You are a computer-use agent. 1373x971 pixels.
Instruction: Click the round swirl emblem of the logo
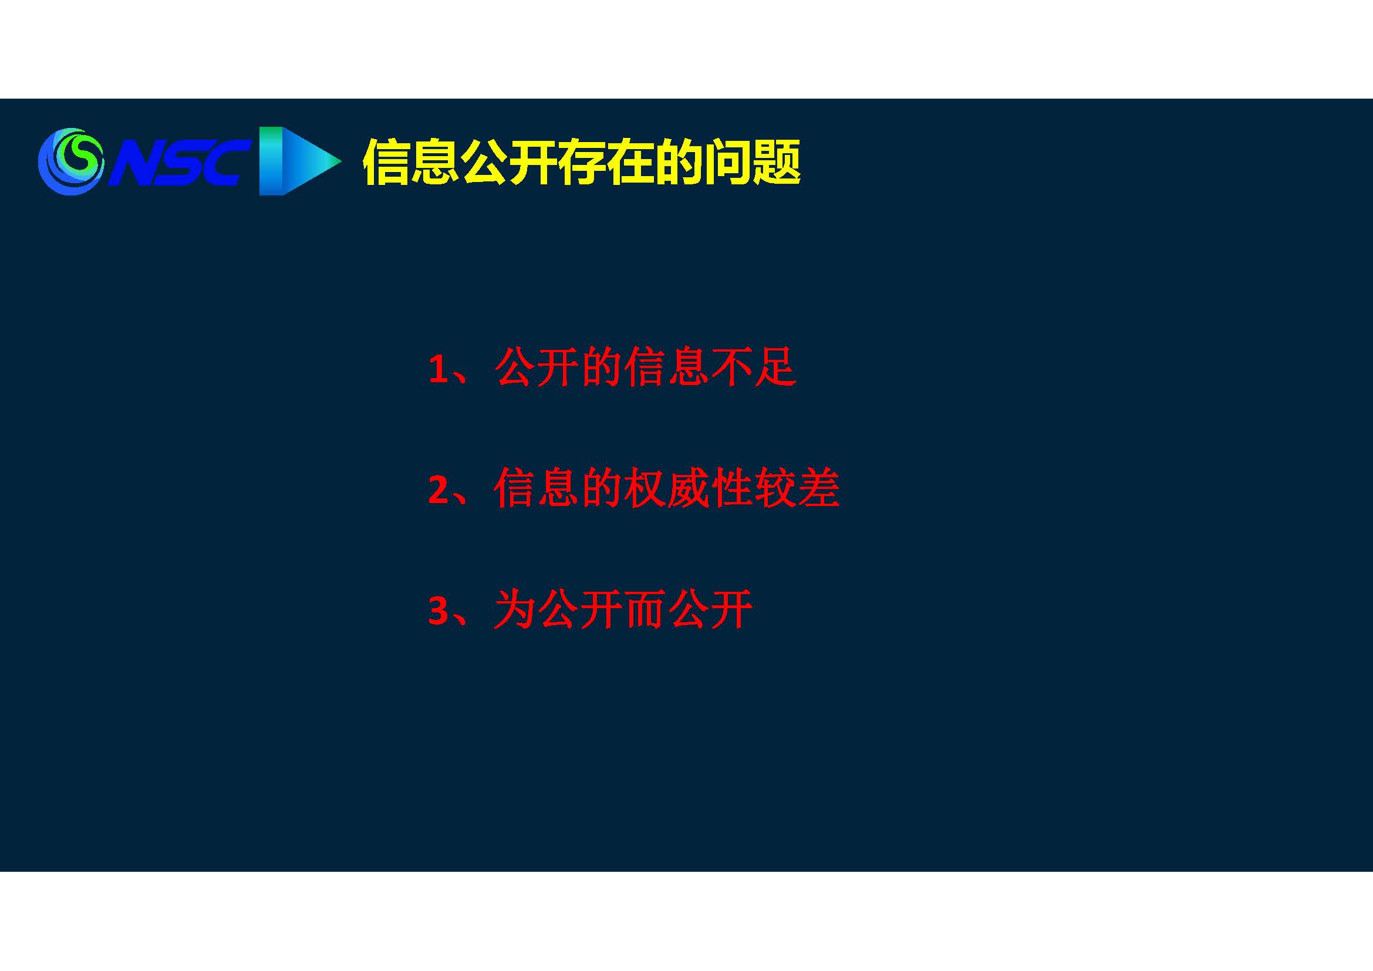click(71, 161)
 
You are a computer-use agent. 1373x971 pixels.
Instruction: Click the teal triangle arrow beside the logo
click(299, 161)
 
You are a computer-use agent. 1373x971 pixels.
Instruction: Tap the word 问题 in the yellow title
click(753, 162)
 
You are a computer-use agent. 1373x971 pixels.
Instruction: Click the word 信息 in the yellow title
click(411, 162)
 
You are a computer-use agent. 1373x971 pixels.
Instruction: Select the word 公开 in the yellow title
click(509, 162)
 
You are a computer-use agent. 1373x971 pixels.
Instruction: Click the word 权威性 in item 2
click(688, 488)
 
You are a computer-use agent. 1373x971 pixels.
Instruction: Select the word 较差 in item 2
click(797, 488)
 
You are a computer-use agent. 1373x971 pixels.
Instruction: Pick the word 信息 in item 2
click(537, 488)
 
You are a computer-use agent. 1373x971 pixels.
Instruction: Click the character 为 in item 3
click(515, 609)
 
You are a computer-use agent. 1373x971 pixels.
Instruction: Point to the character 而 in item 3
click(645, 609)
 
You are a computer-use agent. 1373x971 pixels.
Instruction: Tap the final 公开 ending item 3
click(710, 609)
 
